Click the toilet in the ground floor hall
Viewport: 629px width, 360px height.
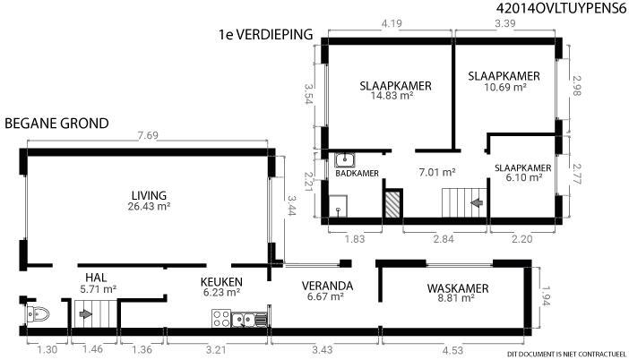[x=38, y=314]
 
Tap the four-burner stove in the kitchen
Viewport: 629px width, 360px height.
[x=221, y=319]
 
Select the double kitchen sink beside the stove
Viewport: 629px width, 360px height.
[x=249, y=320]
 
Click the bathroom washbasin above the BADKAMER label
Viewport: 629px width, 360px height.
[x=345, y=160]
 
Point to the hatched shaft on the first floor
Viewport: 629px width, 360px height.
[x=392, y=204]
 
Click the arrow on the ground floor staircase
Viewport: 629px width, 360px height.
[x=85, y=314]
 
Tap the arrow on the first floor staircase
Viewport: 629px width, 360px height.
[x=477, y=203]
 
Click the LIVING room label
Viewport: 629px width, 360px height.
[x=149, y=195]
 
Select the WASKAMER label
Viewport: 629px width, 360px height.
[x=458, y=288]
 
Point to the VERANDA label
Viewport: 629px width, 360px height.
[x=327, y=286]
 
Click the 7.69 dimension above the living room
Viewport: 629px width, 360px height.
[x=148, y=135]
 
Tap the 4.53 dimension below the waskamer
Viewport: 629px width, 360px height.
[x=452, y=350]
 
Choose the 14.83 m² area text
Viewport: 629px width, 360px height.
[x=392, y=96]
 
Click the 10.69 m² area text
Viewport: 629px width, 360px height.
[x=505, y=87]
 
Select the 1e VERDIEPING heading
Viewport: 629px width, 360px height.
[x=265, y=34]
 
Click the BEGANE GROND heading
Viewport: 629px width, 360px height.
[x=56, y=123]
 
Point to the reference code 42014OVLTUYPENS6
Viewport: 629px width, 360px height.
[x=561, y=8]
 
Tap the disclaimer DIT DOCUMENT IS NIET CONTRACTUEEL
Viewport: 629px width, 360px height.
[x=566, y=354]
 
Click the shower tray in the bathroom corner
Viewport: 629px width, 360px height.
[x=338, y=206]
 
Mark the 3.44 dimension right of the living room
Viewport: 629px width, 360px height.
[x=290, y=205]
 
